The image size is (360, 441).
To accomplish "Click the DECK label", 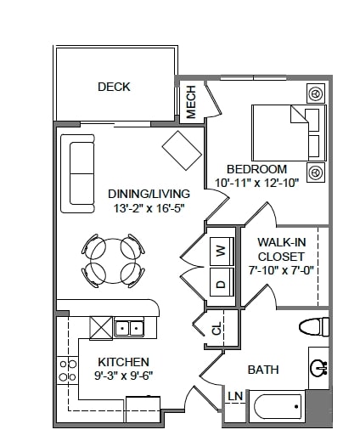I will coord(114,87).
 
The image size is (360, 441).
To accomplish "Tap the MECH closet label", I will coord(191,101).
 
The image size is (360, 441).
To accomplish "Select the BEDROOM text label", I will coord(257,168).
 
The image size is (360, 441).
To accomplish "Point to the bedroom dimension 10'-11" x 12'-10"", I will coord(251,182).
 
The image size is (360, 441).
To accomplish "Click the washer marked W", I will coord(222,251).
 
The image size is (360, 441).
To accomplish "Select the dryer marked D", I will coord(222,284).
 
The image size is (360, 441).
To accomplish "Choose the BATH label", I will coord(264,370).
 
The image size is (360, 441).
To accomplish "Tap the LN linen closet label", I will coord(234,397).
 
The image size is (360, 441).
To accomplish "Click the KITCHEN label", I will coord(123,361).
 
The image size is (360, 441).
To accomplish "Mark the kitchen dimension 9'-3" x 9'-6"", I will coord(123,376).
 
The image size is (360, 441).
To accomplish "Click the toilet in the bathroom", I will coord(315,326).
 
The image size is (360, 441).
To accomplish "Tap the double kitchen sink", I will coord(130,327).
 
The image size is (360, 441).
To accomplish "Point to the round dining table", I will coord(111,261).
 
